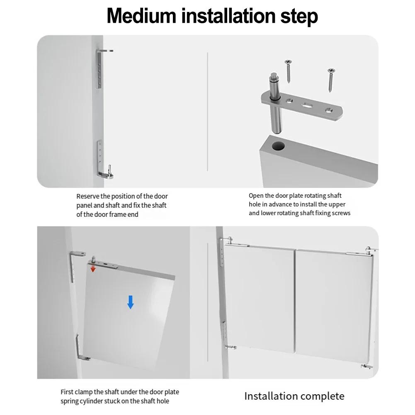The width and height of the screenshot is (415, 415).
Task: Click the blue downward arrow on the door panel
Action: point(131,302)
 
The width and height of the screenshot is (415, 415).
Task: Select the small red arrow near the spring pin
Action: point(93,269)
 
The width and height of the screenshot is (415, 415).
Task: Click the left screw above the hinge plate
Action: point(288,71)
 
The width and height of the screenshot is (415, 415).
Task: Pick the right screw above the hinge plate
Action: point(331,80)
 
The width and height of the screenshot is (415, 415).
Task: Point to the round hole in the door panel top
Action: point(278,146)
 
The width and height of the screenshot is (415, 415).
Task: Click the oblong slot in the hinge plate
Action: point(307,105)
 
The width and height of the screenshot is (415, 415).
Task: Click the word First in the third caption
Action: point(67,392)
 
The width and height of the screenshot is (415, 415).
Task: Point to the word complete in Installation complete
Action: point(323,396)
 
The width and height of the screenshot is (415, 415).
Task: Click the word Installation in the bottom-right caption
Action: point(271,396)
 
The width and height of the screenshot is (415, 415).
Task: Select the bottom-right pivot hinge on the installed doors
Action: point(367,366)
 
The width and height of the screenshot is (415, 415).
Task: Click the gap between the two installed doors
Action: point(295,302)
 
